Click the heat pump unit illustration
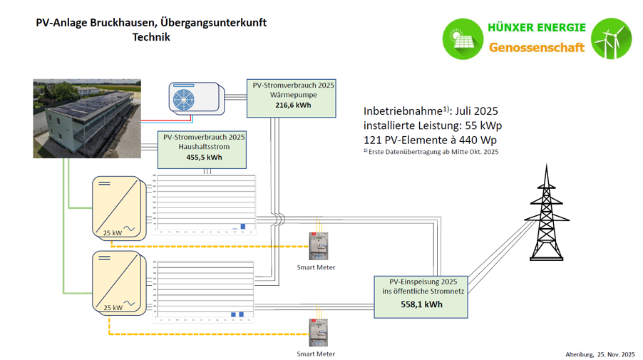[195, 98]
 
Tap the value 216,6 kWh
[292, 106]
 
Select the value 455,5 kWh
[204, 158]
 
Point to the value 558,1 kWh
[421, 304]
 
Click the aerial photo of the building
[87, 118]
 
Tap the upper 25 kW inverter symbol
[115, 207]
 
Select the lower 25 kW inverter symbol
[115, 282]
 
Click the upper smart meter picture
[317, 247]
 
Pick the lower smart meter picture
[317, 333]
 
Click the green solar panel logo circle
[463, 38]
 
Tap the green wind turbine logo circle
[612, 38]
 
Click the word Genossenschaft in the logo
[536, 48]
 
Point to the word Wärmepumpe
[292, 95]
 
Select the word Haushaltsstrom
[204, 147]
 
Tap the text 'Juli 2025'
[476, 111]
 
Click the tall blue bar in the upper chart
[243, 226]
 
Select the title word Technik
[151, 37]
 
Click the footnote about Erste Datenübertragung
[431, 152]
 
